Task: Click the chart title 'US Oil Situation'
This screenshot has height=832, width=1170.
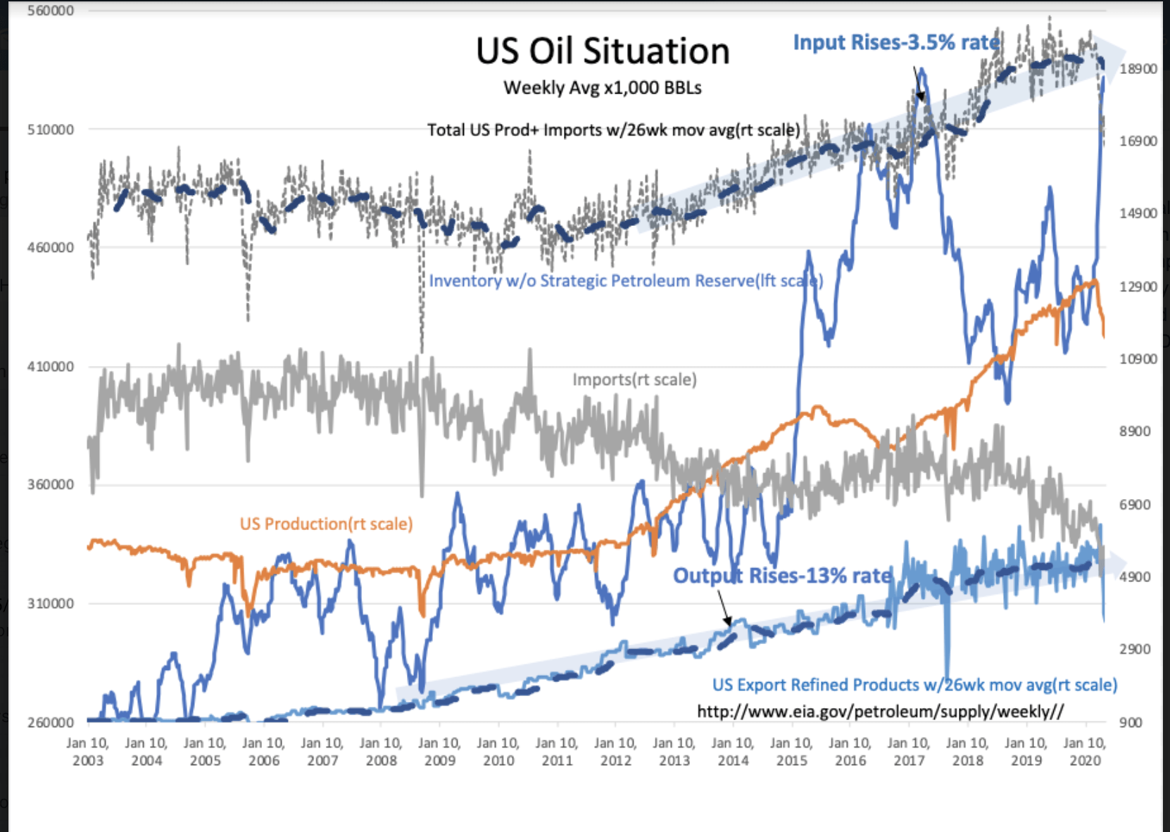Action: pos(603,51)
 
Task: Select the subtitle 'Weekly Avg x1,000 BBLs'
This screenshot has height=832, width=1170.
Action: pos(603,88)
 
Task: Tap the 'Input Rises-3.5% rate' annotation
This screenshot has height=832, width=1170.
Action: pos(895,42)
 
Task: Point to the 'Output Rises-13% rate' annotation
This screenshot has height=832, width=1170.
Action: pos(781,576)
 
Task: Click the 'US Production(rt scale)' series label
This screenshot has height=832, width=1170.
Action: pos(326,524)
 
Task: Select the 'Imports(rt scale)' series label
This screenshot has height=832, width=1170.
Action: pos(634,380)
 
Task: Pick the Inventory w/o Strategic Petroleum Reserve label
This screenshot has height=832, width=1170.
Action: pos(625,281)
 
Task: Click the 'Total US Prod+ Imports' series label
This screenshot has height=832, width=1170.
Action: pos(613,130)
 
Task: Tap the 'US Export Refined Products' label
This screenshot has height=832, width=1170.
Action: pos(914,685)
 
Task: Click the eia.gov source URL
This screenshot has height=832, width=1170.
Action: pos(880,712)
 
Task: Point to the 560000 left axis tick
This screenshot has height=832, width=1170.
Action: pos(51,11)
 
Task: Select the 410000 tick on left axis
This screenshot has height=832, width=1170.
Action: pos(51,367)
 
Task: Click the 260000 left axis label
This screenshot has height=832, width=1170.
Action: pos(51,722)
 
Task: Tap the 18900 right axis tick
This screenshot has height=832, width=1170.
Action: pos(1138,69)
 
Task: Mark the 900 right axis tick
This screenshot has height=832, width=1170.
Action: pos(1131,722)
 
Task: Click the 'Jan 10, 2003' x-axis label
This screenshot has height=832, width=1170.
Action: pos(87,752)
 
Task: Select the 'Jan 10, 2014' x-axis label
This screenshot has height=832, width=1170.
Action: pos(733,752)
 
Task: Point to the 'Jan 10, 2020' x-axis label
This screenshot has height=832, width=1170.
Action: pos(1085,752)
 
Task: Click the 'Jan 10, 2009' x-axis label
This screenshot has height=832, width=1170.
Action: pos(439,752)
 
